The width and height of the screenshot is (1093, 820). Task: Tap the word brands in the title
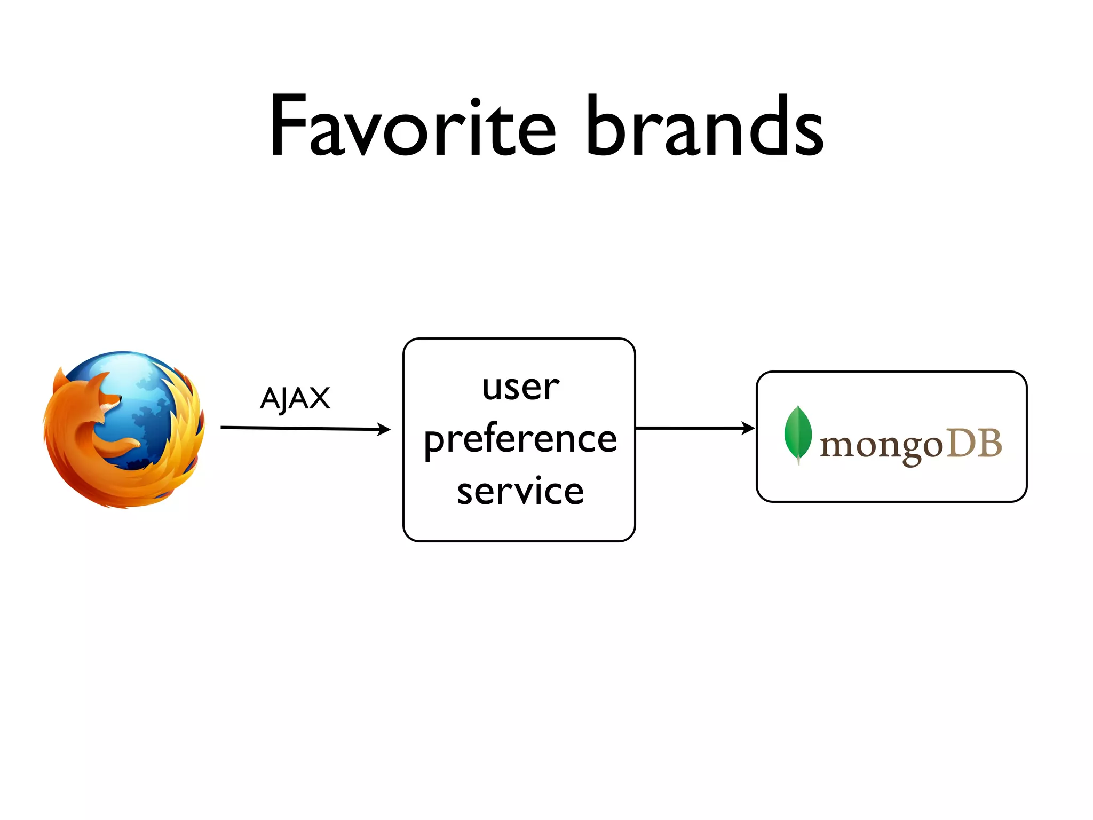tap(704, 126)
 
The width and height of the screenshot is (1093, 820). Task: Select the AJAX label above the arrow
tap(295, 398)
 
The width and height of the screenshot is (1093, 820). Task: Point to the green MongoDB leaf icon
tap(797, 433)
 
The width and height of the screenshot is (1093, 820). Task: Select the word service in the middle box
tap(520, 491)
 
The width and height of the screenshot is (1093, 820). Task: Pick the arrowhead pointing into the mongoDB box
tap(749, 428)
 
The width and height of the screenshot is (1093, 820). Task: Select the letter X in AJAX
tap(319, 398)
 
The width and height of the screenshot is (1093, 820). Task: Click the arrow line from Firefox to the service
tap(299, 428)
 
